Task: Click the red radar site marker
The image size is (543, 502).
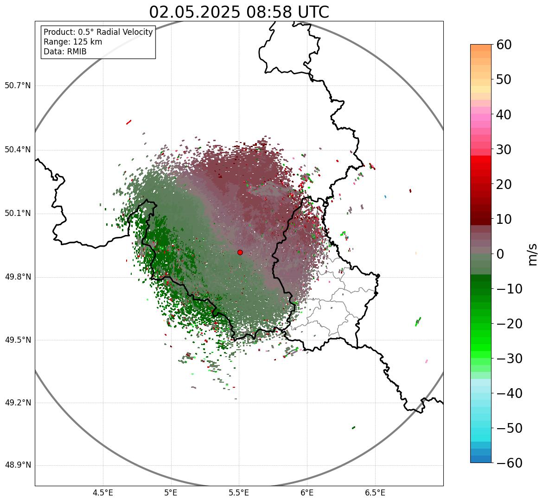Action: click(x=240, y=252)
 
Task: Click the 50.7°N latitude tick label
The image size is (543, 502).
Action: click(x=18, y=86)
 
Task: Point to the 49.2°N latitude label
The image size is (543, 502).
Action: click(x=18, y=403)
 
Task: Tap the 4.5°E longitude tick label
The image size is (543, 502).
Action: click(x=103, y=493)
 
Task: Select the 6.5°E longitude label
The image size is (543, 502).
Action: click(x=375, y=493)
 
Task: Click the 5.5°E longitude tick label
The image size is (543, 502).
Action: click(x=239, y=493)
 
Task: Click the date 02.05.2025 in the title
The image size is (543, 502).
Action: click(x=195, y=13)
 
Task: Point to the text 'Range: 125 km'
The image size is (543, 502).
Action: click(x=73, y=42)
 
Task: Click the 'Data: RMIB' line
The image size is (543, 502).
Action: click(x=65, y=52)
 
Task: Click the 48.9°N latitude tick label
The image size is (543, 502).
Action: click(x=18, y=465)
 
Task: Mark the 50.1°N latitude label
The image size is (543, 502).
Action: click(x=18, y=214)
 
